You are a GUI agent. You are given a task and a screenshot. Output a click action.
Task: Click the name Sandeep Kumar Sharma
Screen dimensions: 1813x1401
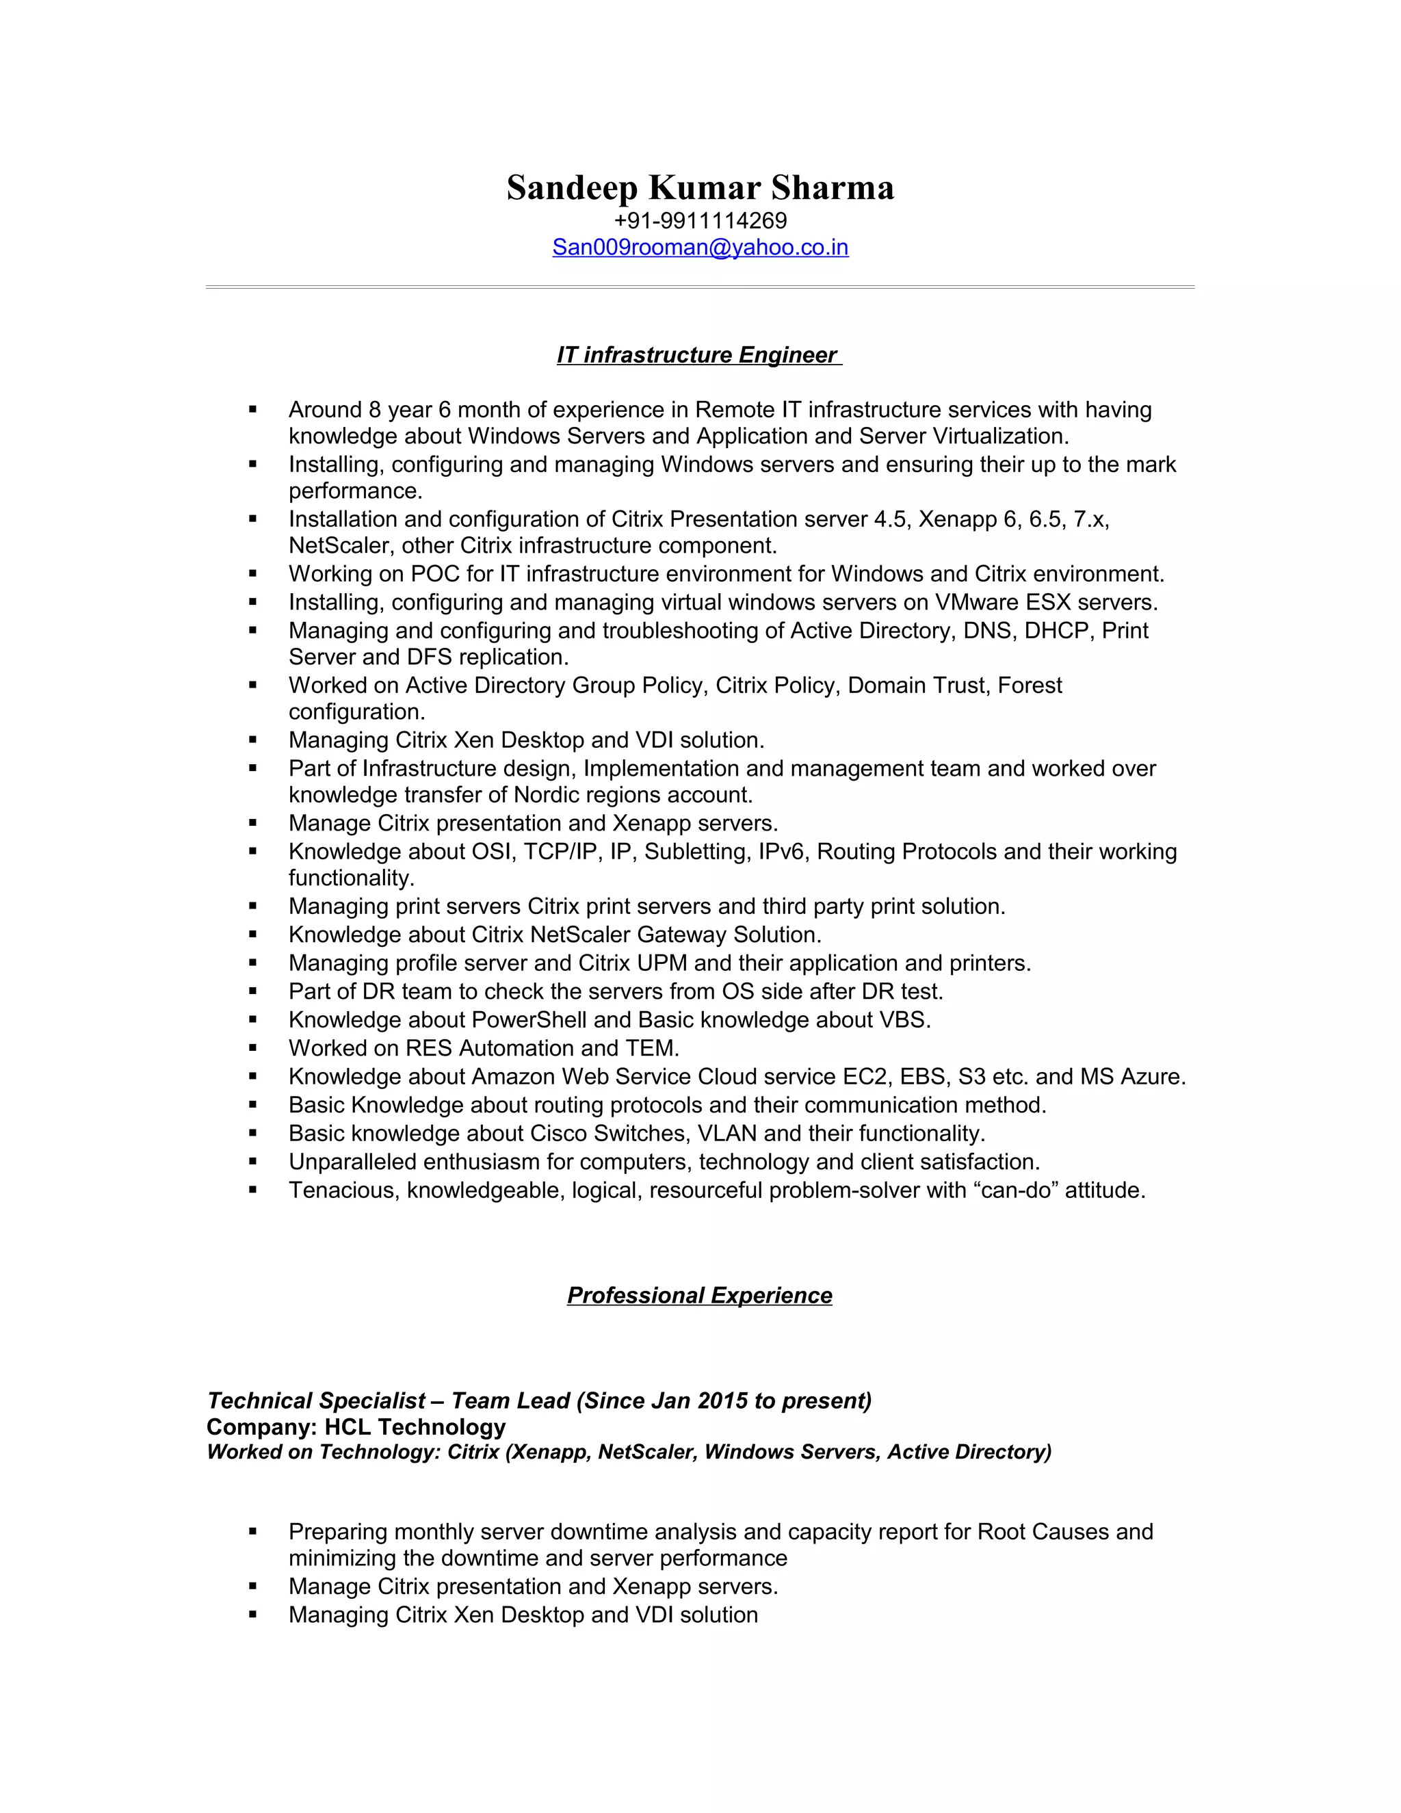coord(700,187)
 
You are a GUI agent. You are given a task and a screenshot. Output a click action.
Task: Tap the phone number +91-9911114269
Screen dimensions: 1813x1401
coord(700,221)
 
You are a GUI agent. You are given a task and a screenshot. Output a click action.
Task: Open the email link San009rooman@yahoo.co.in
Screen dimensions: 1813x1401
coord(700,248)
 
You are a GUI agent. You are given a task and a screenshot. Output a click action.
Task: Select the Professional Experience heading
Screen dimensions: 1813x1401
coord(699,1295)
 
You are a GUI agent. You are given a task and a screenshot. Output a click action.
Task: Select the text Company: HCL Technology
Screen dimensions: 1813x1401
coord(355,1427)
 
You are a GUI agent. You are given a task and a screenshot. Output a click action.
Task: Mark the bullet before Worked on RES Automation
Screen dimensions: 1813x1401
coord(252,1047)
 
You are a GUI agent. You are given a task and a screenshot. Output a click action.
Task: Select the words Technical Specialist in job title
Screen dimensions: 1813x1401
coord(316,1401)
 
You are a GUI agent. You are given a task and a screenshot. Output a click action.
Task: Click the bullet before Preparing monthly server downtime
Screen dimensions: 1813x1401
coord(252,1532)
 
